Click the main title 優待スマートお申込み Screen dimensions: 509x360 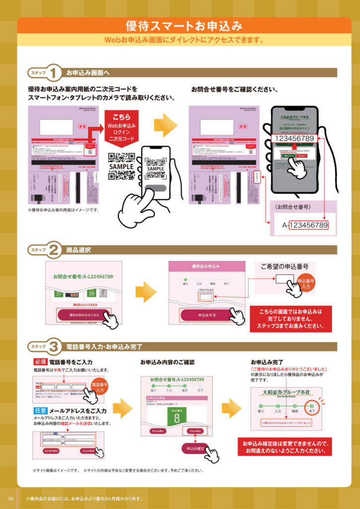pos(184,25)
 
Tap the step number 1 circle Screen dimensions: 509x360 pos(55,73)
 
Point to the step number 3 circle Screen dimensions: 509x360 pos(55,346)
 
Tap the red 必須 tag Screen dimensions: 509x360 pos(40,362)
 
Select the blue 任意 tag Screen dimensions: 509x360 pos(40,411)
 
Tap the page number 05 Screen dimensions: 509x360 pos(10,499)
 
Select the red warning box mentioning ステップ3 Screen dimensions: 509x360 pos(290,319)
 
